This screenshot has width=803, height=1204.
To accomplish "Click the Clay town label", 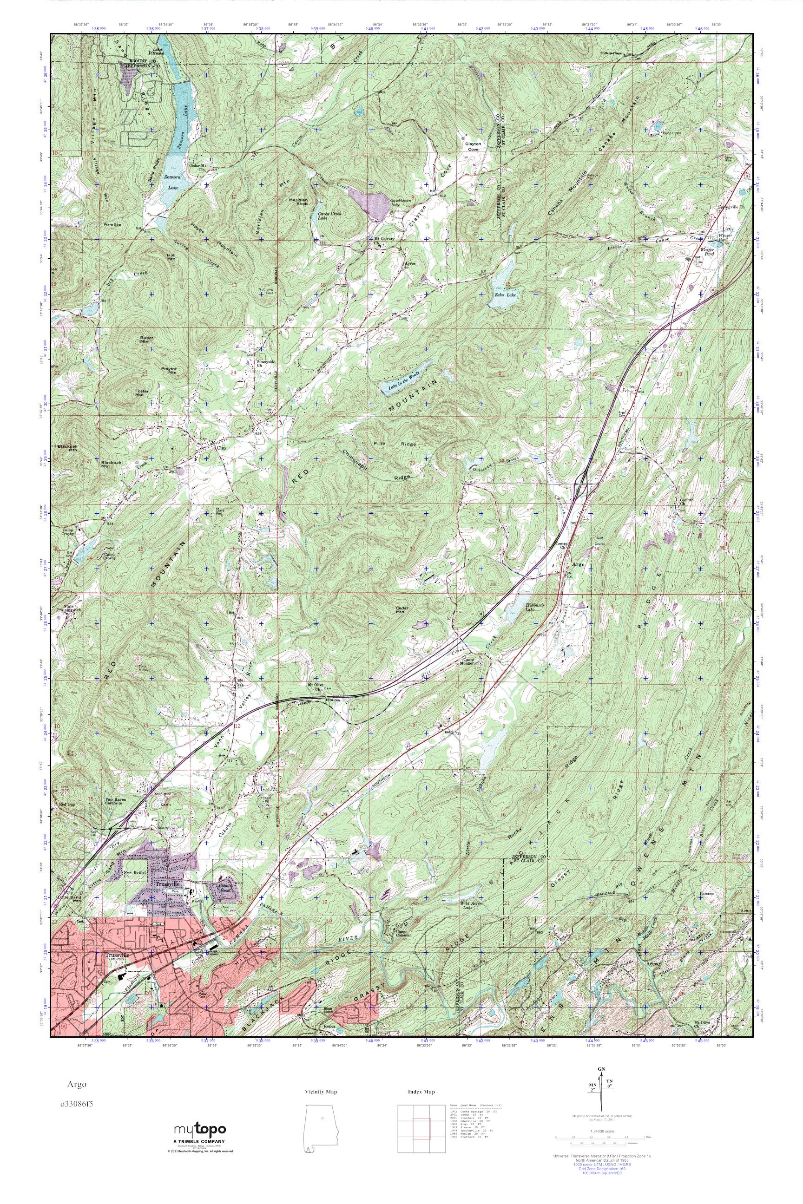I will [x=221, y=447].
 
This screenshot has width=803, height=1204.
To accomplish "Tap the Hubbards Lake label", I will [x=534, y=608].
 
